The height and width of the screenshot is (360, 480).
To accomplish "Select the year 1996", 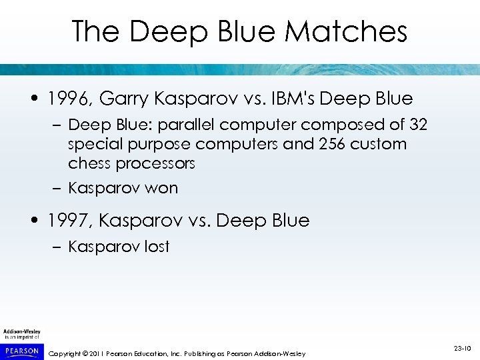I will (71, 99).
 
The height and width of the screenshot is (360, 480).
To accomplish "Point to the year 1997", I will (71, 221).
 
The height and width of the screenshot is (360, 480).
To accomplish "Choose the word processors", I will (155, 163).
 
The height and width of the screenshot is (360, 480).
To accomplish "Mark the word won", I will (163, 189).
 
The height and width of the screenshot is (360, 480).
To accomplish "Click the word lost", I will (157, 247).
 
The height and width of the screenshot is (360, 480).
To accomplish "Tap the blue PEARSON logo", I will (22, 350).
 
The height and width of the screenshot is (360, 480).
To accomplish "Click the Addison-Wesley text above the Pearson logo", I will (21, 331).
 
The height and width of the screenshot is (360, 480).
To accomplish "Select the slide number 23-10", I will (462, 348).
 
